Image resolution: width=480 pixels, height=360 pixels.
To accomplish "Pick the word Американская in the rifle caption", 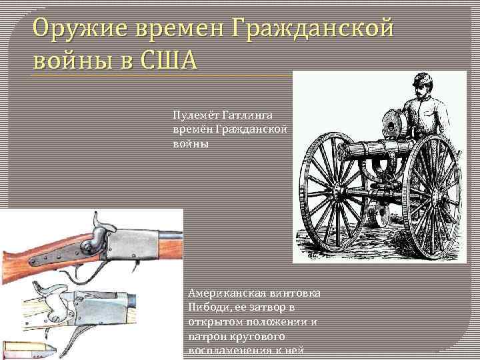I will click(x=226, y=293).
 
